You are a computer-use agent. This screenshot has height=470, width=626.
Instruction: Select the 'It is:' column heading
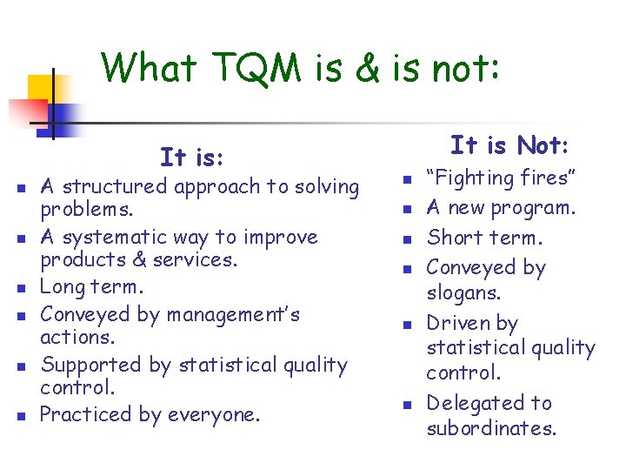pyautogui.click(x=192, y=158)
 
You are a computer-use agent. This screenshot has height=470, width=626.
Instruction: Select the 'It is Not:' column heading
pyautogui.click(x=509, y=144)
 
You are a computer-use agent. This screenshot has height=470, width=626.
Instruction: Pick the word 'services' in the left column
pyautogui.click(x=196, y=260)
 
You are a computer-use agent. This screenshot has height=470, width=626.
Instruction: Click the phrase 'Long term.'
pyautogui.click(x=90, y=287)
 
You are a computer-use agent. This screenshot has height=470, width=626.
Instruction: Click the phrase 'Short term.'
pyautogui.click(x=484, y=238)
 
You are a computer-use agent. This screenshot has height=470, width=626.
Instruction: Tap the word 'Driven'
pyautogui.click(x=458, y=323)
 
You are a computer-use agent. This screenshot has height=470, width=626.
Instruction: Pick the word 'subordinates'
pyautogui.click(x=490, y=428)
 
